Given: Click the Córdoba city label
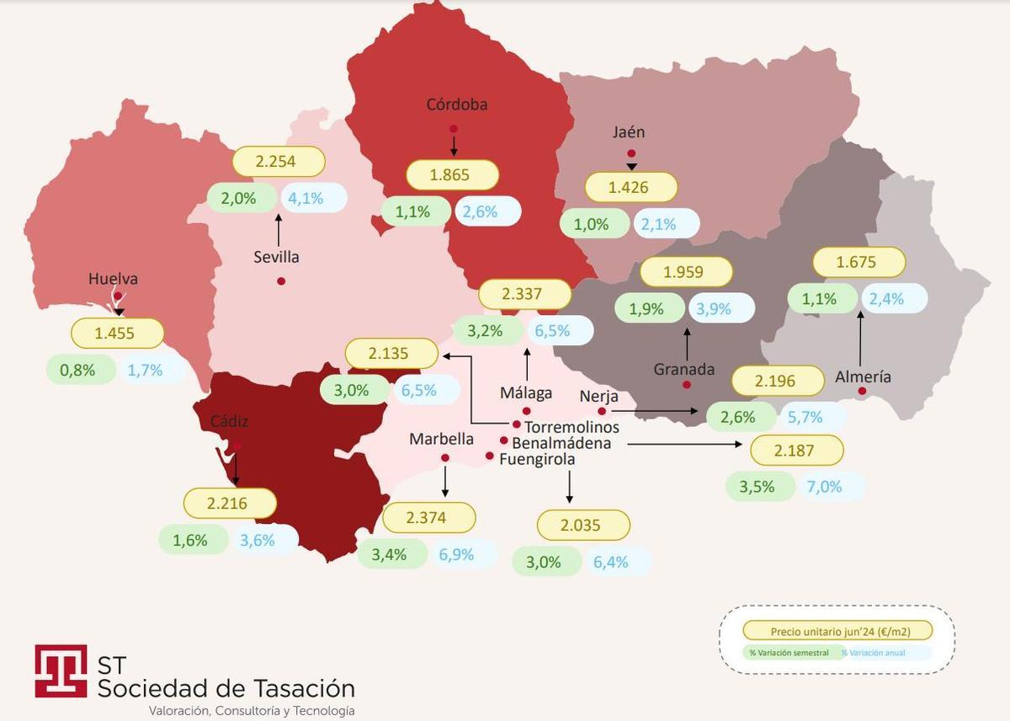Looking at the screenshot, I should [456, 105].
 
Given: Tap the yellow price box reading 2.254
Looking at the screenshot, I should [277, 162].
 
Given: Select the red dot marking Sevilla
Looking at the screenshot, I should [281, 280].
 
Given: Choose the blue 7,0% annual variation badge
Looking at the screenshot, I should [825, 486].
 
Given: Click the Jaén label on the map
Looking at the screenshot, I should [629, 132].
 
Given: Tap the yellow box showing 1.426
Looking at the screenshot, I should [630, 187].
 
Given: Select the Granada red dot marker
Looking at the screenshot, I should [687, 385].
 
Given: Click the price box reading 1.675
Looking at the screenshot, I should [858, 262].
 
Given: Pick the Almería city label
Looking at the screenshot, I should [863, 377].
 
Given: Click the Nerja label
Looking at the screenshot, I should [599, 397].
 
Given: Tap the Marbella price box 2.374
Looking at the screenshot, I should [428, 518].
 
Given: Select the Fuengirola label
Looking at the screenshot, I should [537, 459].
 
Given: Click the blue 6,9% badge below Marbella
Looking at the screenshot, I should [456, 554].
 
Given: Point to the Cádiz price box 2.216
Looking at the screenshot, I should [230, 504].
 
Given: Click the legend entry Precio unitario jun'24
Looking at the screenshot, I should [838, 631].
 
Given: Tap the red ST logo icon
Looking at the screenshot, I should [61, 670].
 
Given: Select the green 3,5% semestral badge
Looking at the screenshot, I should [757, 486].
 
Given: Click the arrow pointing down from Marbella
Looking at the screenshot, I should [445, 481].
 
